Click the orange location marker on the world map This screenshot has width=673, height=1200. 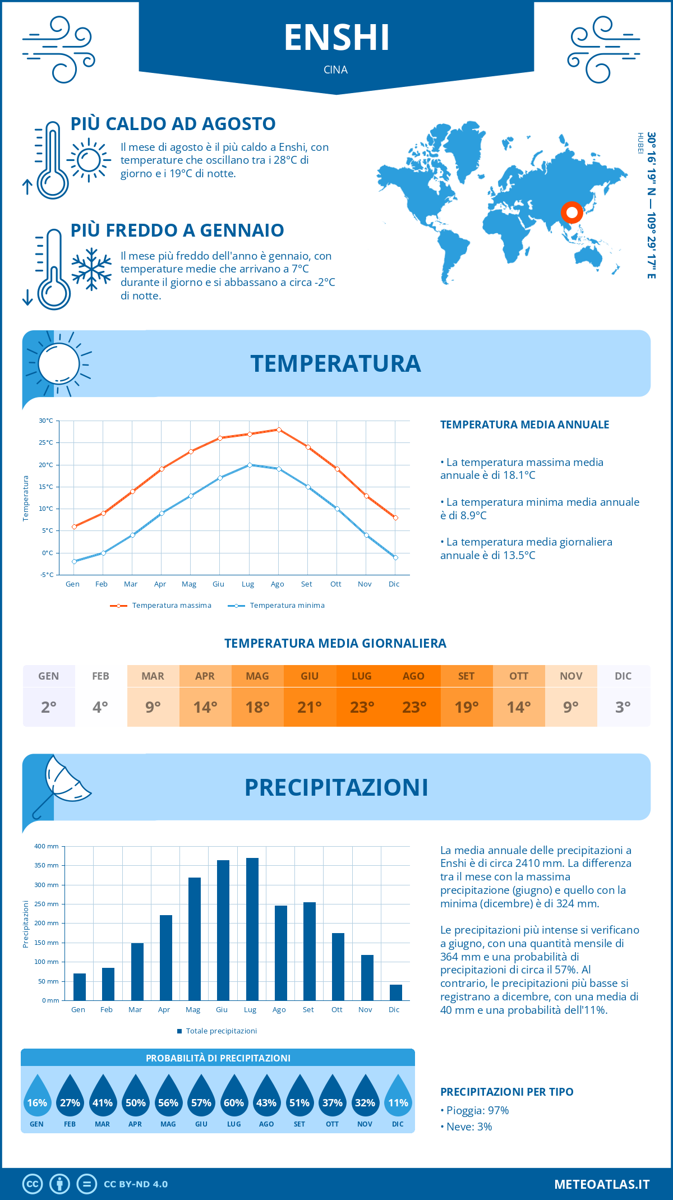click(x=571, y=213)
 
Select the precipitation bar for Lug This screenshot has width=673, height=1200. click(x=252, y=929)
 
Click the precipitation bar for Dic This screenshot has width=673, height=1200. click(x=396, y=992)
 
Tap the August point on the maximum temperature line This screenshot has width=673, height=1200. click(x=279, y=430)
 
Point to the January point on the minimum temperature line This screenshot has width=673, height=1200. click(x=74, y=561)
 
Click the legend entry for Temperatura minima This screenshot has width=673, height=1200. click(x=276, y=606)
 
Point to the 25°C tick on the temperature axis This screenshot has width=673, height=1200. click(x=47, y=442)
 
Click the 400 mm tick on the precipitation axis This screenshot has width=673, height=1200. click(x=47, y=846)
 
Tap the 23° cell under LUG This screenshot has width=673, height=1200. click(x=362, y=707)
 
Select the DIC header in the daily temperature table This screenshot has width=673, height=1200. click(x=623, y=676)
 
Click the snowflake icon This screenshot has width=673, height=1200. click(x=91, y=269)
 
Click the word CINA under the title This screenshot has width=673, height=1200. click(x=336, y=70)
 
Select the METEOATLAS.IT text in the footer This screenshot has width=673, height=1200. click(x=602, y=1184)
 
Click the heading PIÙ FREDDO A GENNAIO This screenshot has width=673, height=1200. click(x=177, y=230)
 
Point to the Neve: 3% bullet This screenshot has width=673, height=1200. click(x=466, y=1127)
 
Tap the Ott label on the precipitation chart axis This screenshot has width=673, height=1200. click(x=336, y=1009)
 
